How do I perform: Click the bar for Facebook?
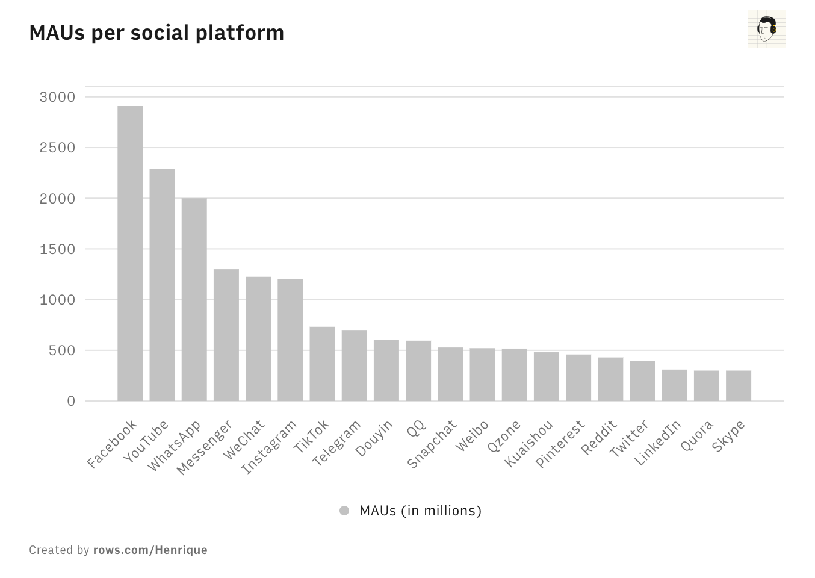(x=130, y=253)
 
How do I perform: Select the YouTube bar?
(x=162, y=284)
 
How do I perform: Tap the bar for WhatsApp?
(x=194, y=299)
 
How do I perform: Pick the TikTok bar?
(x=322, y=364)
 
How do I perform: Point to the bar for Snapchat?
(x=450, y=374)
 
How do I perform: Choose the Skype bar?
(x=739, y=385)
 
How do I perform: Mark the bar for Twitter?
(x=642, y=381)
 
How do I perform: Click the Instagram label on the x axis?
(x=269, y=446)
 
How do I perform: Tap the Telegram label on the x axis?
(x=336, y=443)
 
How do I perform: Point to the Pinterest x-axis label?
(x=560, y=443)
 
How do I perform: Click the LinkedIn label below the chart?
(x=657, y=443)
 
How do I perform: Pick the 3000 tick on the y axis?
(x=57, y=97)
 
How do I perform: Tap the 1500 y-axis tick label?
(x=57, y=249)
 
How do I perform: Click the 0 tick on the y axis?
(x=71, y=401)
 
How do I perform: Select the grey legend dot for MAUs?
(x=344, y=511)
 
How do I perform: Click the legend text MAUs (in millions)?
(x=420, y=511)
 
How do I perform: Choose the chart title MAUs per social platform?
(x=156, y=33)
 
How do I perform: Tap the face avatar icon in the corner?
(x=767, y=28)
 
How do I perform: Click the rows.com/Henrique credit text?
(x=150, y=550)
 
